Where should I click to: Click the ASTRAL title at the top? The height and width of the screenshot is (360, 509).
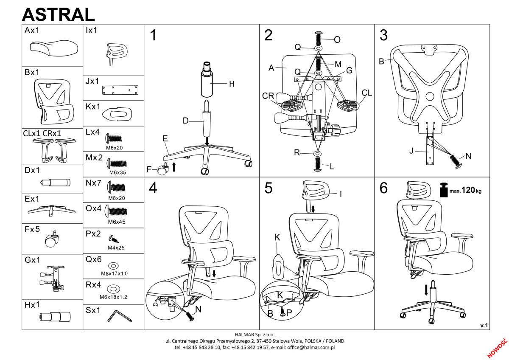[x=58, y=14]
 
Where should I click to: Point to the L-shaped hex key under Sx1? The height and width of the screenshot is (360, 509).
[x=120, y=315]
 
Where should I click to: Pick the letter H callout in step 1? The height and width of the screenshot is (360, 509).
[x=232, y=84]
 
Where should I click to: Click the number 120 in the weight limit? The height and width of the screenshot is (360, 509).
[x=469, y=190]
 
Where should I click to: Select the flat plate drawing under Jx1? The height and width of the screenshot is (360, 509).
[x=120, y=90]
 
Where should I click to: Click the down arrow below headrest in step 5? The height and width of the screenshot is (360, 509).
[x=313, y=208]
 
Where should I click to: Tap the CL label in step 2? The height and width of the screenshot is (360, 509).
[x=367, y=93]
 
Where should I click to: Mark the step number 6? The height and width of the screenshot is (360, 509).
[x=383, y=188]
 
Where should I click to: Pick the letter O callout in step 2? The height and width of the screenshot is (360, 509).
[x=337, y=40]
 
